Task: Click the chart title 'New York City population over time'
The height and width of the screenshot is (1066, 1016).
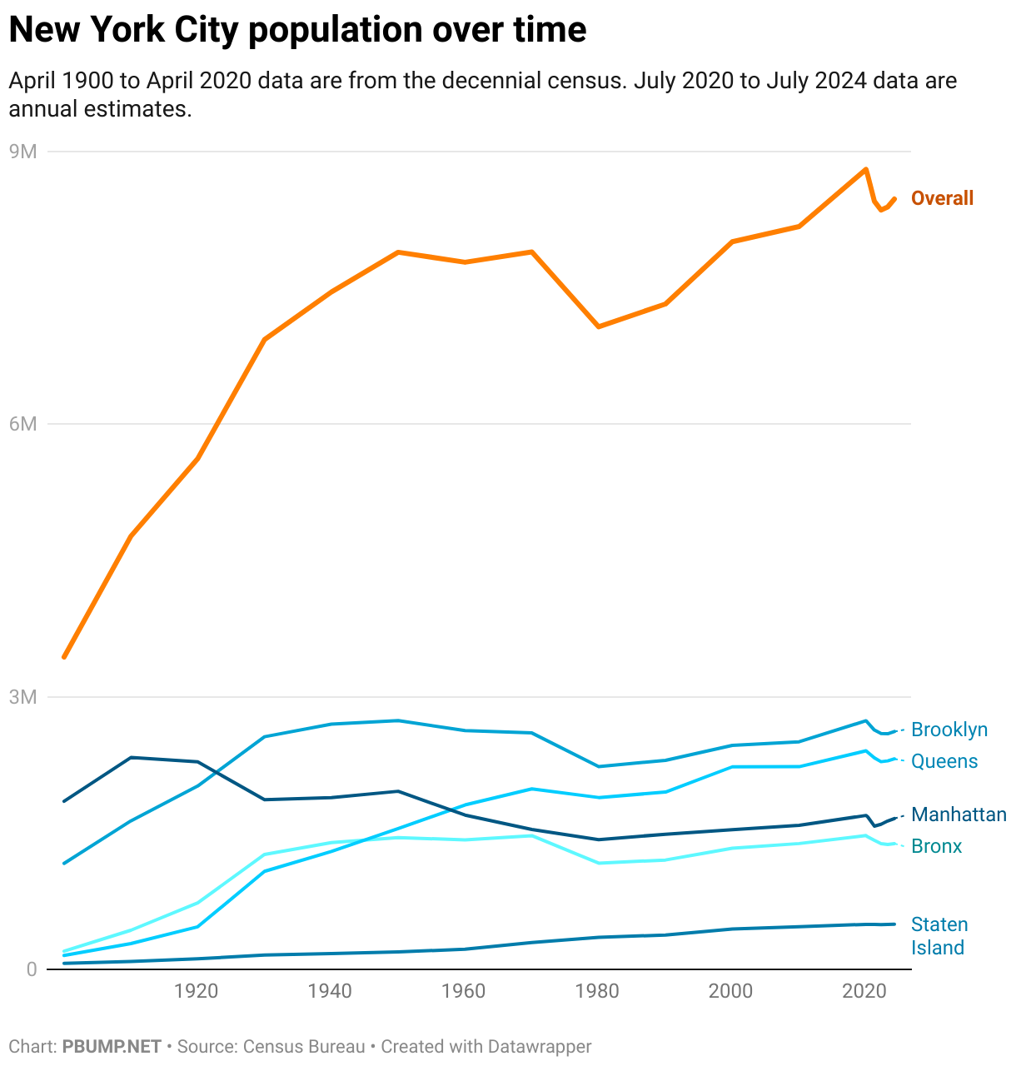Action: coord(297,30)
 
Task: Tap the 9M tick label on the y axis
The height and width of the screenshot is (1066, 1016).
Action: coord(23,152)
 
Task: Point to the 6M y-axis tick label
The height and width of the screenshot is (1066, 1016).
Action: coord(23,424)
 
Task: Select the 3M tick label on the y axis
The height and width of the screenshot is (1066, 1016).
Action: coord(23,697)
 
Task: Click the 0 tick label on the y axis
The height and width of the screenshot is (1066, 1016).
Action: coord(32,969)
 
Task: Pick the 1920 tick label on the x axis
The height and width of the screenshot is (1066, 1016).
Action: coord(197,991)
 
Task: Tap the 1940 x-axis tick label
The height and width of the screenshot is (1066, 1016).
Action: coord(330,991)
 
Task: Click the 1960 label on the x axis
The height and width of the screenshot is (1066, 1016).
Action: coord(464,991)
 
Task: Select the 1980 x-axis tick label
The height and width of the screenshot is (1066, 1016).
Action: coord(597,991)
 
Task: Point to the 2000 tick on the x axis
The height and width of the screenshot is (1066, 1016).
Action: coord(730,991)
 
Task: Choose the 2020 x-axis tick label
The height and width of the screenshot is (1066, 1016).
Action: coord(864,991)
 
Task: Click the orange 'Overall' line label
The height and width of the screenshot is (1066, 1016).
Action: coord(942,198)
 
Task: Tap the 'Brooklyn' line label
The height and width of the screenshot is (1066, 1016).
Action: coord(949,730)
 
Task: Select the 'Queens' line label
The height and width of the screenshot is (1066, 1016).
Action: coord(944,761)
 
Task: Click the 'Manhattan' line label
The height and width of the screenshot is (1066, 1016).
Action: coord(959,814)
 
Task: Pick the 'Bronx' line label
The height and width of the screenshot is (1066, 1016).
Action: coord(936,846)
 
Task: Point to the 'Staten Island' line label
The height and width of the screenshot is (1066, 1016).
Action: coord(939,936)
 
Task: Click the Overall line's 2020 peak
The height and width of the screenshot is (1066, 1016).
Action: coord(866,169)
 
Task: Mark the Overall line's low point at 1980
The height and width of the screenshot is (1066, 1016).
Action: coord(599,326)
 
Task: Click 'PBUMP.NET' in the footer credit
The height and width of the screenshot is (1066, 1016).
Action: coord(112,1046)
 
